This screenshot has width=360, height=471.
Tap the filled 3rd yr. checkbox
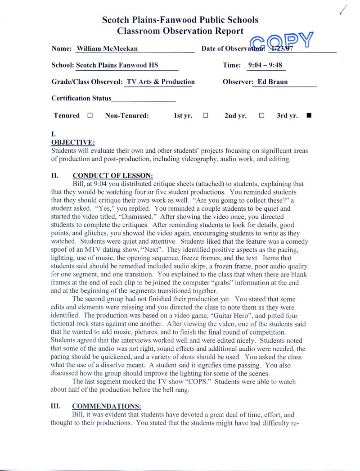(308, 115)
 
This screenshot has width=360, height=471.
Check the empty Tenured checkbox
(90, 115)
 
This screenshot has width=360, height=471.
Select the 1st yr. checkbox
(205, 115)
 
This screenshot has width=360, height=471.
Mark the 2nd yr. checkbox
(261, 115)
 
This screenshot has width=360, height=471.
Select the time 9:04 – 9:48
(265, 65)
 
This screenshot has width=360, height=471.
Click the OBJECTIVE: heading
(73, 143)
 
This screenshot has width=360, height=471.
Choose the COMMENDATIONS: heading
(107, 406)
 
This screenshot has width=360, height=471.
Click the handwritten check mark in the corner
(345, 9)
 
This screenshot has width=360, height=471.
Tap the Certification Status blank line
(144, 99)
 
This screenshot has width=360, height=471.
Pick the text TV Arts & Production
(161, 82)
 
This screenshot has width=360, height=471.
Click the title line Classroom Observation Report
(180, 31)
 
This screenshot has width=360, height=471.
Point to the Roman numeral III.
(55, 406)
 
